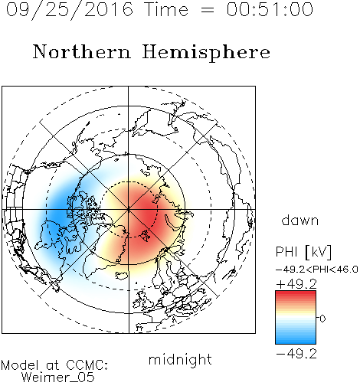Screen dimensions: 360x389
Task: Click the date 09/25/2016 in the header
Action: coord(70,10)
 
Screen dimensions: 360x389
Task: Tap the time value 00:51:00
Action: coord(270,9)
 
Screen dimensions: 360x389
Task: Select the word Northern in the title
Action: coord(82,51)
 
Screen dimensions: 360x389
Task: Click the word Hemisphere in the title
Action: coord(206,52)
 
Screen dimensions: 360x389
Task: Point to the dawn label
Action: coord(300,220)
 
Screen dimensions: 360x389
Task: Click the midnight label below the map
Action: coord(180,359)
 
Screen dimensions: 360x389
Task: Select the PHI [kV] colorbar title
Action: coord(303,252)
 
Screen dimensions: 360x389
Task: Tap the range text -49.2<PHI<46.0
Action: coord(316,270)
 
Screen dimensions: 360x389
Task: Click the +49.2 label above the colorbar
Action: coord(296,284)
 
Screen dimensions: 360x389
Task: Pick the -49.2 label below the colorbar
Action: coord(296,354)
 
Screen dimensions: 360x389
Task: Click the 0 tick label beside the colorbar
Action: coord(322,319)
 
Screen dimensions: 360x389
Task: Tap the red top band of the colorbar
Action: coord(296,294)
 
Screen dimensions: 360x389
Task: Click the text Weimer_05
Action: coord(58,378)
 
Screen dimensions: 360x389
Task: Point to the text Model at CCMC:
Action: coord(54,365)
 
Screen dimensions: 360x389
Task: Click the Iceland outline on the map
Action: coord(123,275)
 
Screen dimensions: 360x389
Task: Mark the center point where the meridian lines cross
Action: coord(129,210)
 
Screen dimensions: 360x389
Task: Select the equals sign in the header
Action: coord(208,10)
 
